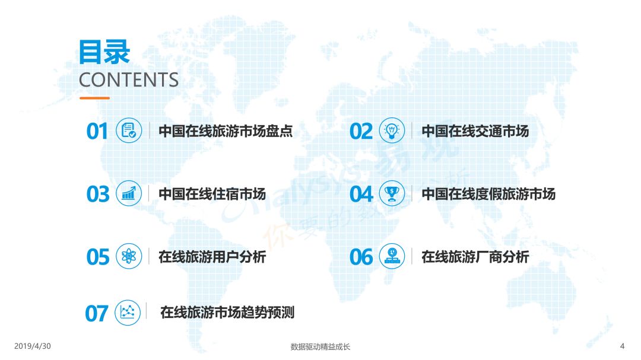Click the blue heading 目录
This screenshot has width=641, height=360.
pos(104,52)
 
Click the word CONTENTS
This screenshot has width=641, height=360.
pos(129,79)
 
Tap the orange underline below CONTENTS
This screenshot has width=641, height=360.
pos(94,98)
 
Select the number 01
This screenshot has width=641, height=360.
pos(97,131)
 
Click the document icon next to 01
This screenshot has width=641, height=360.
pos(129,130)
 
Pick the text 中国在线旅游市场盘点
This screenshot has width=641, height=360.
pos(226,131)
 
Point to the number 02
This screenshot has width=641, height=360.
pos(361,131)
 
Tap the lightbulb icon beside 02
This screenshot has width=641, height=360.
pos(392,130)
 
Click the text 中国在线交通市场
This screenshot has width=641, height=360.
pos(475,131)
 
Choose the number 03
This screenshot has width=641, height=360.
pos(98,194)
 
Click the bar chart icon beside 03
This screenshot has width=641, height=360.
pos(129,193)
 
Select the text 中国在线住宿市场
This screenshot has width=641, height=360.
pos(212,194)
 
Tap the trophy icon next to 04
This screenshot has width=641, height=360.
pos(392,193)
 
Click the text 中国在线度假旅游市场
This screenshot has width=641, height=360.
pos(488,194)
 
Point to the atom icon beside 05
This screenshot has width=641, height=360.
pos(129,256)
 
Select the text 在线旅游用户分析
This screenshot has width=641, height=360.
pos(212,257)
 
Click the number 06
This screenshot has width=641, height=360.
pos(361,257)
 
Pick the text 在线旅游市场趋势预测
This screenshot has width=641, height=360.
pos(227,313)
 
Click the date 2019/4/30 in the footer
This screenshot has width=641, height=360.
pos(33,346)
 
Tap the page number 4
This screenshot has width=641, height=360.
pos(622,346)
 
